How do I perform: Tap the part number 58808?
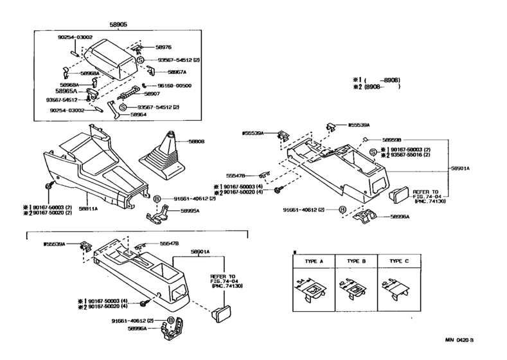click(x=197, y=141)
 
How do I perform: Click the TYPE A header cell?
click(x=314, y=262)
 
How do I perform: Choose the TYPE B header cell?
click(x=356, y=262)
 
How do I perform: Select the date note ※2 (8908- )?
click(x=376, y=86)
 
